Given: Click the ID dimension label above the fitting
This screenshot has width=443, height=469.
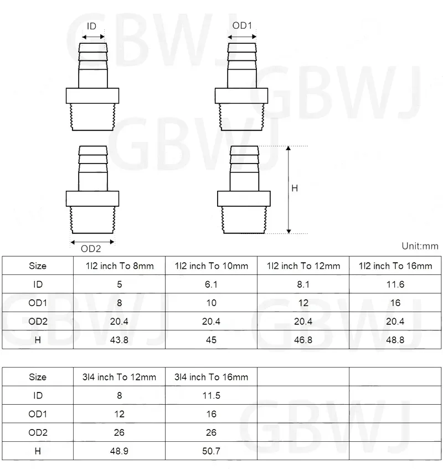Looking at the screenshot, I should point(92,26).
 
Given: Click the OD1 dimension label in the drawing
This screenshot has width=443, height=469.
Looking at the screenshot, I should point(242,26).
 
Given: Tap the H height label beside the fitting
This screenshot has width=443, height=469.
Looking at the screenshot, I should point(295,188).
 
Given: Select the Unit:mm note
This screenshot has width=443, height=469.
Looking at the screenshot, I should point(419,246).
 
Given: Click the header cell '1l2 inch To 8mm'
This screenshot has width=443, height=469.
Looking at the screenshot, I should point(120,266).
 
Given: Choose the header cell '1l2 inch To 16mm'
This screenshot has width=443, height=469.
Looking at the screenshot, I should point(395,266).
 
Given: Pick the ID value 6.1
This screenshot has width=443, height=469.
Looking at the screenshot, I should point(211,284).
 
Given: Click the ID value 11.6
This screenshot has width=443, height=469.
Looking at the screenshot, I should point(395,284).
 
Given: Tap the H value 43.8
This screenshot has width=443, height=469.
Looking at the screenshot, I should point(120,340).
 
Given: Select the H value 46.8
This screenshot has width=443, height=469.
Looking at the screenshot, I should point(303,340).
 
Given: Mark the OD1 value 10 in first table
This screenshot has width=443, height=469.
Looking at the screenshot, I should point(211,303).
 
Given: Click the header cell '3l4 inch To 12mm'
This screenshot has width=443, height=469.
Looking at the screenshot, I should point(120,377).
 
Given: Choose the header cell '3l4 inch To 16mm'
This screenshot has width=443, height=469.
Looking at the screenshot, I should point(211,377).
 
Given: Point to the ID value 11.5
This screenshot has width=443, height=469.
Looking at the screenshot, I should point(211,395).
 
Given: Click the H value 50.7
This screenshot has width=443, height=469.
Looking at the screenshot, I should point(211,451).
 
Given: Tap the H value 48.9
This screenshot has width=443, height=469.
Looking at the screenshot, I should point(120,451).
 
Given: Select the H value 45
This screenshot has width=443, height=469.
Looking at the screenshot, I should point(211,340).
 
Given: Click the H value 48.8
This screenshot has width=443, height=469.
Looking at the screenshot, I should point(395,340).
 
